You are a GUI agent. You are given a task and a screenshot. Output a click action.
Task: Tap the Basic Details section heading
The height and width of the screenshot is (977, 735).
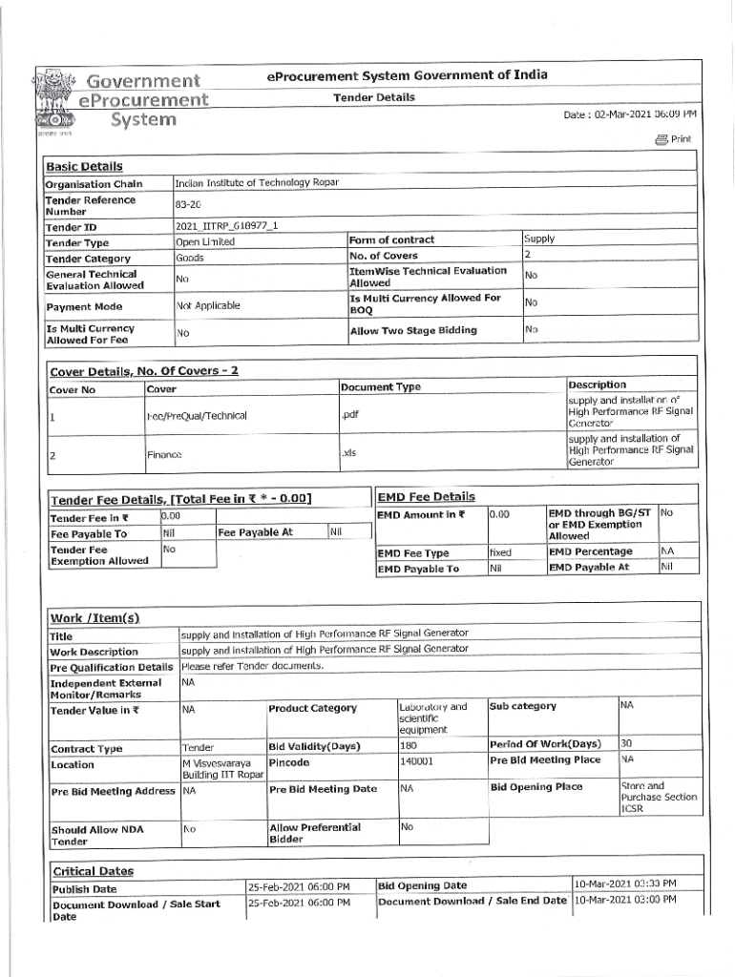tap(84, 166)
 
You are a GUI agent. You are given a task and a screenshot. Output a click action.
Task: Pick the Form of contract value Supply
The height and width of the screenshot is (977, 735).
tap(540, 239)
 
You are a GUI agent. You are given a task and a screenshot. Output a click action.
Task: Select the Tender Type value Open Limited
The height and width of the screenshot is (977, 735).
tap(205, 242)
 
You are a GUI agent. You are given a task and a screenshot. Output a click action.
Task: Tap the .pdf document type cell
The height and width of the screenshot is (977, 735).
tap(350, 415)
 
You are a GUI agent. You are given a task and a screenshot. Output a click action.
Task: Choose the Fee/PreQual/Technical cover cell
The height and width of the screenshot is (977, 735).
tap(197, 416)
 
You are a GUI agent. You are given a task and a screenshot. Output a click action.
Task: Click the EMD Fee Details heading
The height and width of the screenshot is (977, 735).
tap(426, 496)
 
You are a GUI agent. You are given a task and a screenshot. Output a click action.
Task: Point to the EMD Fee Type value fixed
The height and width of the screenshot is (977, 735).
tap(500, 552)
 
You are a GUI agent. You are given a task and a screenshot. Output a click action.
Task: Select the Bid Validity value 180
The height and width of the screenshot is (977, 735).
tap(409, 744)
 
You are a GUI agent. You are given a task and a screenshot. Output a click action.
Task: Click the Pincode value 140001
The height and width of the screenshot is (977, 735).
tap(417, 761)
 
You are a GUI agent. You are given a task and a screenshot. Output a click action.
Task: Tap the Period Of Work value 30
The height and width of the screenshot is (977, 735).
tap(626, 743)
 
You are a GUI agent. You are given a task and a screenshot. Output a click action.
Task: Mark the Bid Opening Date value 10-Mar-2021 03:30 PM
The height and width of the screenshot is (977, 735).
tap(624, 883)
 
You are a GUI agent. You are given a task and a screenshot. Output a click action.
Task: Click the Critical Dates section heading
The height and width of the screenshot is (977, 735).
tap(94, 871)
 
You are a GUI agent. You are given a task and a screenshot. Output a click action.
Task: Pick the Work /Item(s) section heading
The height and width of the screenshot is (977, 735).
tap(95, 619)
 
